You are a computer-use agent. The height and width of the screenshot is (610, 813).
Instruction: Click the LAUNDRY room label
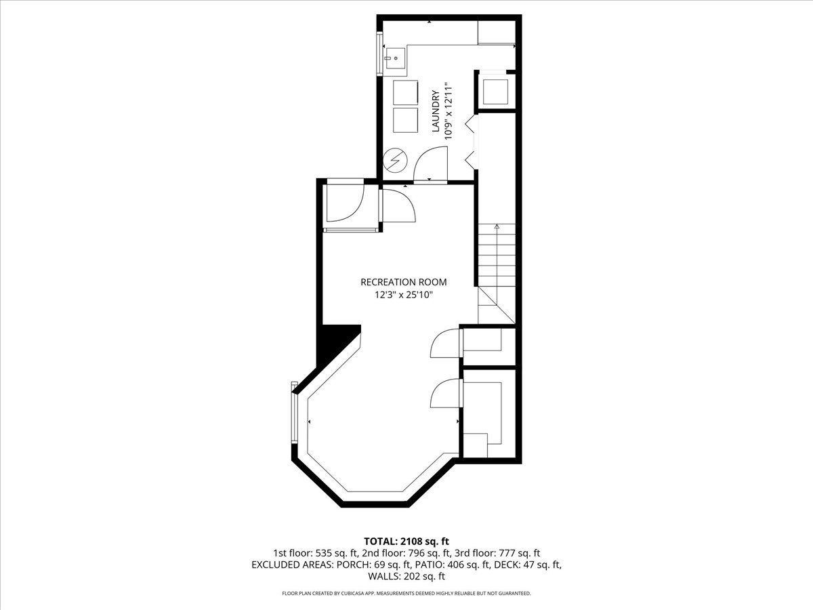pyautogui.click(x=436, y=111)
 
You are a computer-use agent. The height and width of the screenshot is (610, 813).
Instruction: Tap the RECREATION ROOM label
pyautogui.click(x=403, y=282)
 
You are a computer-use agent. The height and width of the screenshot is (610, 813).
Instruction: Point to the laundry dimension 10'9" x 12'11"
pyautogui.click(x=449, y=111)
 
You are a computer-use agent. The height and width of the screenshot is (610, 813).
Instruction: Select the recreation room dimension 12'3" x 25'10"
pyautogui.click(x=404, y=296)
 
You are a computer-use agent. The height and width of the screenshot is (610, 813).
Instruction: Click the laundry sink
pyautogui.click(x=394, y=58)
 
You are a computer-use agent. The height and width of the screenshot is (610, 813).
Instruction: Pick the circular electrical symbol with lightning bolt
pyautogui.click(x=395, y=160)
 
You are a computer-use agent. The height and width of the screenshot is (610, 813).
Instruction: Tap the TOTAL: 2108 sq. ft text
pyautogui.click(x=406, y=542)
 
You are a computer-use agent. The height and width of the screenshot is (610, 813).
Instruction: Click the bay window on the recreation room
pyautogui.click(x=295, y=412)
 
